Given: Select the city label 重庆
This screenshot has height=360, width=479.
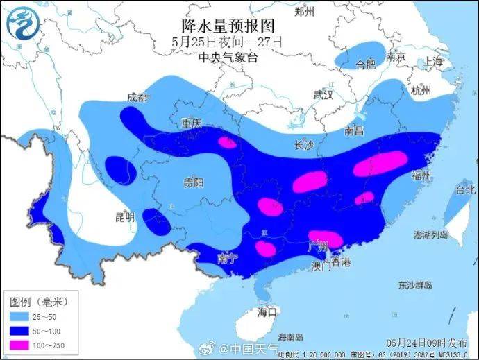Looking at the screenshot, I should (x=190, y=123).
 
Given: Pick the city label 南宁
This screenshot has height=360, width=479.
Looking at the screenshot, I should (x=228, y=258).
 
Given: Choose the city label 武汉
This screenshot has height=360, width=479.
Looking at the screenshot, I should (x=324, y=94).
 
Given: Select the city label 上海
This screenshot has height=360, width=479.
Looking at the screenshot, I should (x=433, y=61).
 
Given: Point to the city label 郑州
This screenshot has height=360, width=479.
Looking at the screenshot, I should (x=304, y=11).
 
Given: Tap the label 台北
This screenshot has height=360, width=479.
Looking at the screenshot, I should (x=465, y=189).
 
